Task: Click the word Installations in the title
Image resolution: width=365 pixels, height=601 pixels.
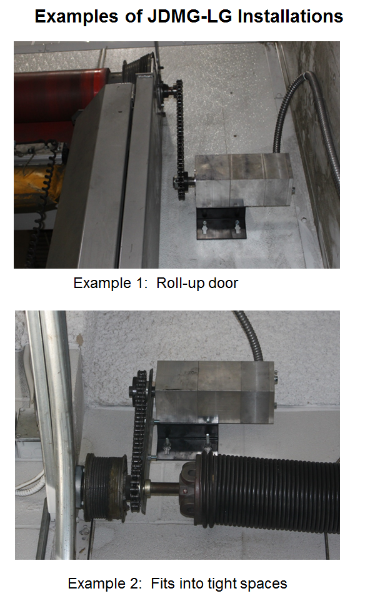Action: tap(290, 16)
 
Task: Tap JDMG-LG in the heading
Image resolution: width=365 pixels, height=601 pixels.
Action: tap(190, 16)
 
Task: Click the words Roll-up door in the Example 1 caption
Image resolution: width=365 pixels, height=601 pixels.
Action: tap(197, 283)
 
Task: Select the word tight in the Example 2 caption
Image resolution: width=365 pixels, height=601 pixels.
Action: tap(221, 584)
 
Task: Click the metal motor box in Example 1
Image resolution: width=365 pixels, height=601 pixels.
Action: tap(244, 180)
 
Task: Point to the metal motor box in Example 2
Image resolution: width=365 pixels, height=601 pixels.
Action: tap(215, 392)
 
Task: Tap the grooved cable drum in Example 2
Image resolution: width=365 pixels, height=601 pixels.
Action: tap(106, 487)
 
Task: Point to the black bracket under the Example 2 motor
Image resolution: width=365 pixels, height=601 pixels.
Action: tap(188, 441)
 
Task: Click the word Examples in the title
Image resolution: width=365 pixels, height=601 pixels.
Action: tap(77, 16)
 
